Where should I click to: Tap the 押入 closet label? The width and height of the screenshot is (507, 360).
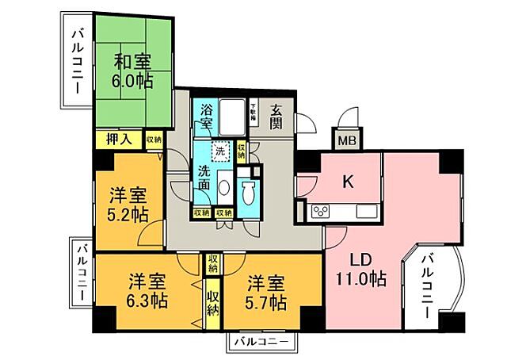click(x=119, y=140)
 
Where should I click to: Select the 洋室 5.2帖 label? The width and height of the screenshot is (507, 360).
click(x=128, y=204)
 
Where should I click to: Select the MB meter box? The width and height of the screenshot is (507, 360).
click(x=347, y=142)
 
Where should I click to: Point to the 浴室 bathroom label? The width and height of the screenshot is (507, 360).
click(x=206, y=117)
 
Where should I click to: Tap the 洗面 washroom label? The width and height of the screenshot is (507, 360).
click(x=204, y=177)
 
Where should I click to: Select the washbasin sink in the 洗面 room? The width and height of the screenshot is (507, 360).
click(x=223, y=188)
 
